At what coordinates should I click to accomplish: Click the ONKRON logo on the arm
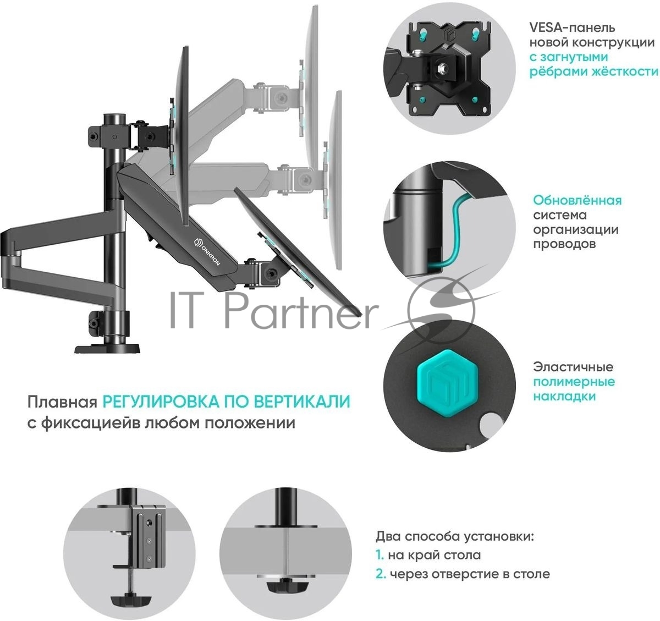point(207,251)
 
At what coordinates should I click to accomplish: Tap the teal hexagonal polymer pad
point(447,382)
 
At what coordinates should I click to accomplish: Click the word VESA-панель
point(572,28)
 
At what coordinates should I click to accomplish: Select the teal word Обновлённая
point(577,200)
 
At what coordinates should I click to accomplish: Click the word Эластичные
point(573,367)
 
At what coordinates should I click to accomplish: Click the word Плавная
point(63,402)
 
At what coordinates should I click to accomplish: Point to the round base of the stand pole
point(107,349)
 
